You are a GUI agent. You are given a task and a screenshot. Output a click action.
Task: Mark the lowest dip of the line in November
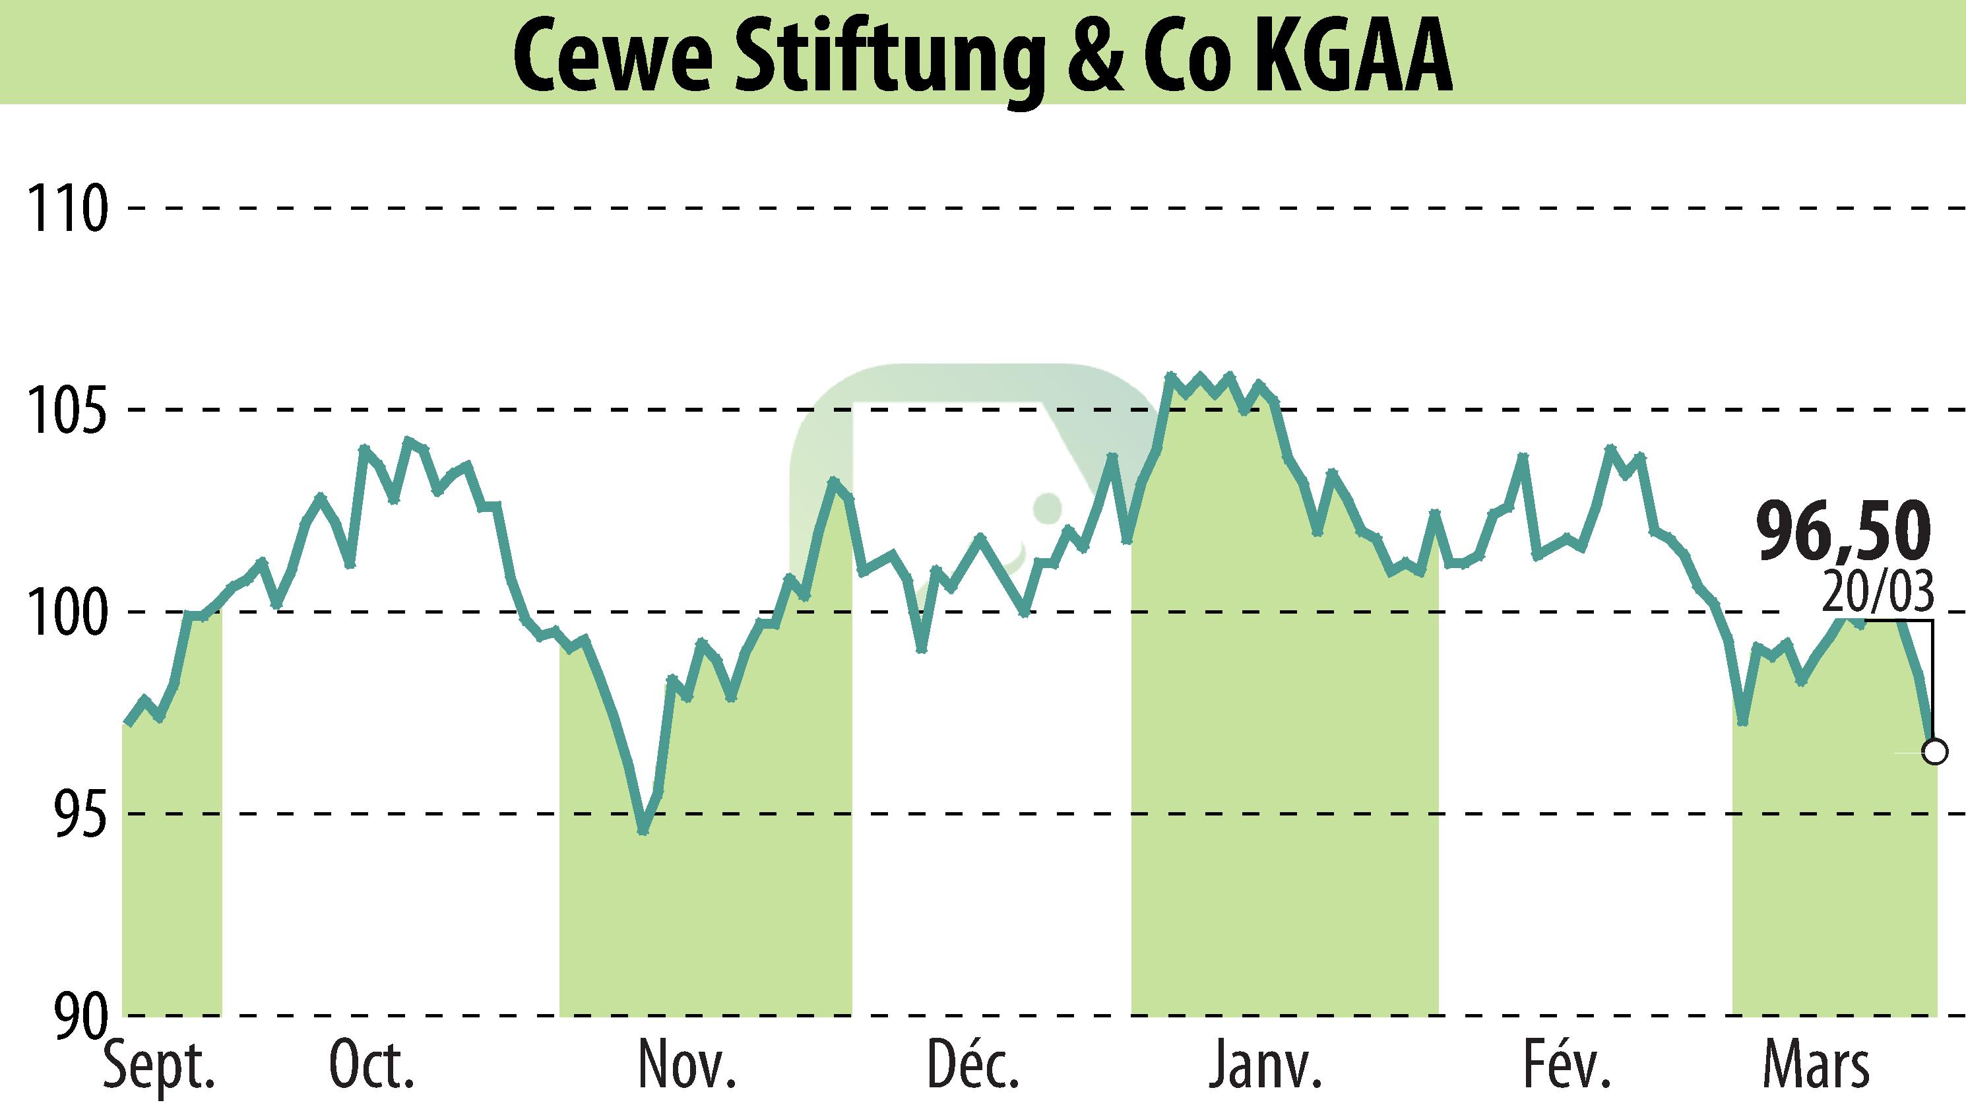pyautogui.click(x=643, y=831)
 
